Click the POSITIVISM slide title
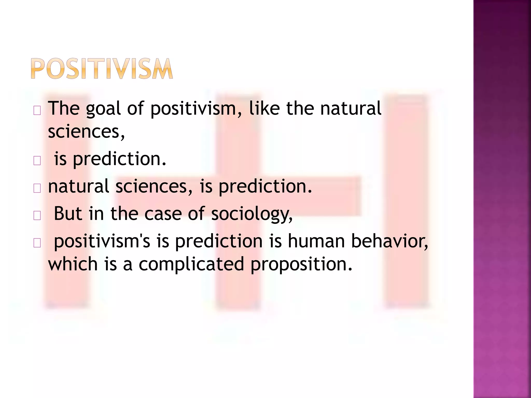pos(102,68)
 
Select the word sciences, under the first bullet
pos(86,131)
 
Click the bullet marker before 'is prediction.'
pos(37,161)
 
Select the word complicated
pos(191,264)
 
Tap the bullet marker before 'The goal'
pos(37,111)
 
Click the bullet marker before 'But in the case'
pos(37,216)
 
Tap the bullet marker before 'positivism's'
pos(37,243)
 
